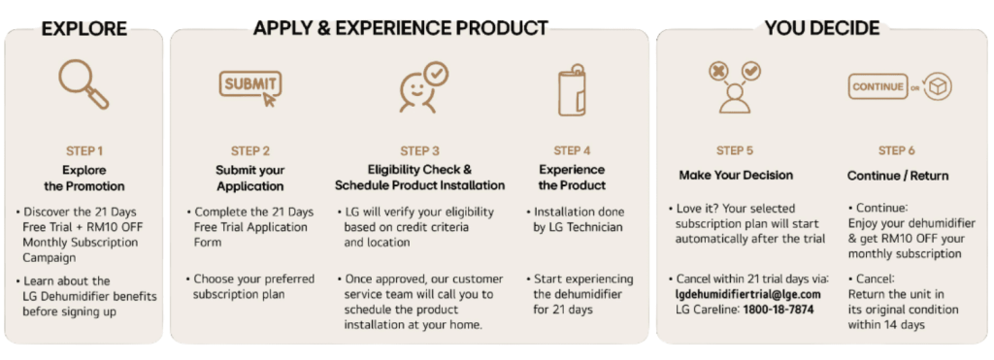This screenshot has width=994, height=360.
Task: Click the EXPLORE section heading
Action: coord(84,28)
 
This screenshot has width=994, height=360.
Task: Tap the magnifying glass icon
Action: coord(83,84)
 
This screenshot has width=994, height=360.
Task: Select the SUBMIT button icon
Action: coord(249,87)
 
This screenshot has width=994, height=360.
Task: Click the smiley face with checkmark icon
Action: coord(423,87)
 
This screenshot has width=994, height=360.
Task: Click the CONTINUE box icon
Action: coord(878,86)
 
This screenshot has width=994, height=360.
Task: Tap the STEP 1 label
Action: coord(84,150)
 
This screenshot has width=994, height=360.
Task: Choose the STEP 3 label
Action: coord(419,150)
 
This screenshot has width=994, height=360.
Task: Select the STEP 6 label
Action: coord(897,150)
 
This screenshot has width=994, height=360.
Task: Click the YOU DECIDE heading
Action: coord(821,28)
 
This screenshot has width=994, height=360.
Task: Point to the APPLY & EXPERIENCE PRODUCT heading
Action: coord(401,28)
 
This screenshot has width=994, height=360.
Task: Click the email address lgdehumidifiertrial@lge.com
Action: coord(748,294)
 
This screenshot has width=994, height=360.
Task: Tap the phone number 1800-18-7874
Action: coord(779,310)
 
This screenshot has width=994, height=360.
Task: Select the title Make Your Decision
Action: coord(736,175)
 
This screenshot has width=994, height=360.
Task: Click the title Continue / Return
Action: coord(898,176)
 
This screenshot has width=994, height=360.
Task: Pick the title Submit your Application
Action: coord(250,179)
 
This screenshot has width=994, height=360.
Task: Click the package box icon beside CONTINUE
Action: coord(938,87)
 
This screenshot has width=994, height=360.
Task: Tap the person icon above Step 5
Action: coord(735,88)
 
